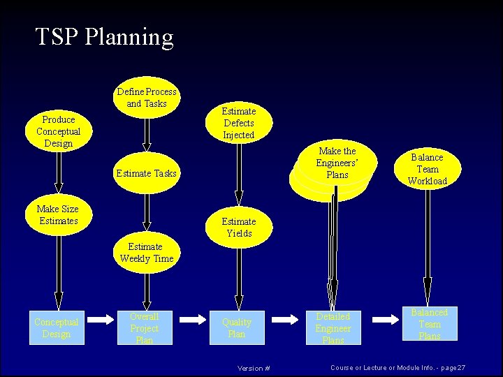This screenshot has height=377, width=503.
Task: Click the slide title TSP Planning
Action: point(104,37)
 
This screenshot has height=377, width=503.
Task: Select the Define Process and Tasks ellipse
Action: point(147,98)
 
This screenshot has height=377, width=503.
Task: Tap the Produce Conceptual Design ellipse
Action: point(59,131)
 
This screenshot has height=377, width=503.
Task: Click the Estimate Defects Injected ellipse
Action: point(239,123)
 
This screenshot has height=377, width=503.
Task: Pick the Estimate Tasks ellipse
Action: point(147,173)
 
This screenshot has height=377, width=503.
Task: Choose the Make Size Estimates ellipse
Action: point(58,215)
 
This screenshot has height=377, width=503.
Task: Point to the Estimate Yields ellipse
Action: point(239,228)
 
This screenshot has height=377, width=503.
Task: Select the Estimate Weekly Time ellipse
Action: point(147,253)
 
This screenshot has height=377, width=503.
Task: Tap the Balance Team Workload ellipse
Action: point(428,169)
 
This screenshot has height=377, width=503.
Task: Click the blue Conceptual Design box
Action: point(57,328)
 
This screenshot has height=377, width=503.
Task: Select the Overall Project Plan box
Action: point(145,328)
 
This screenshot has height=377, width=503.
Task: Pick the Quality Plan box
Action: point(237,328)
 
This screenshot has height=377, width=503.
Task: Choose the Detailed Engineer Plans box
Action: point(333,328)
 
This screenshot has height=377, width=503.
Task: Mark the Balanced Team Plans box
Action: point(430,324)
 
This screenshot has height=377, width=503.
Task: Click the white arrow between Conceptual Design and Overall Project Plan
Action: point(101,319)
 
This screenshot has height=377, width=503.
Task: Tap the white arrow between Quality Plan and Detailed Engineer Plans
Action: point(284,319)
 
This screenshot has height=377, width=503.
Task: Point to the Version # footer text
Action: point(254,368)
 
